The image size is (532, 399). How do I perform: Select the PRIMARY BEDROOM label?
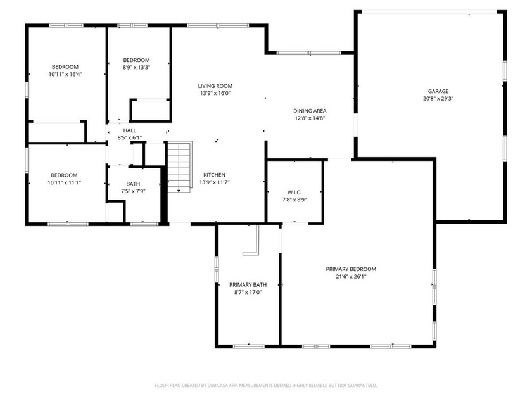pos(351,269)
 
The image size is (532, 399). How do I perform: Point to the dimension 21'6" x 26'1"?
pos(351,276)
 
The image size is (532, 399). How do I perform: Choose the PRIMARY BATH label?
pos(248,284)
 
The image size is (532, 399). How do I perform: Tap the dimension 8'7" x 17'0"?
pos(248,292)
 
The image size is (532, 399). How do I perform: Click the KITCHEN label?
pos(214,175)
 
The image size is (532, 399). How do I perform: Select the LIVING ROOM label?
pos(215,86)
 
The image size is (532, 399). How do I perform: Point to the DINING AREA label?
pos(310,110)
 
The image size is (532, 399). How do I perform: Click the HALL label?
pos(130,130)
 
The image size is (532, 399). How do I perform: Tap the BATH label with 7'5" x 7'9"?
pos(133,184)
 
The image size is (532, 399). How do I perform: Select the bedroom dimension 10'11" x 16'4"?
pos(65,75)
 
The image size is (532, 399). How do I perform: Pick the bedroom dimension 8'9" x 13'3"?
pos(136,67)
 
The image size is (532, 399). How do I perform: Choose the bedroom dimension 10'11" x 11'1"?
pos(65,182)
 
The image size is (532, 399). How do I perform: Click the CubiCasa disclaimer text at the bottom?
pos(266,385)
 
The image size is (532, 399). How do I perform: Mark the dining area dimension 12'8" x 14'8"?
pos(310,118)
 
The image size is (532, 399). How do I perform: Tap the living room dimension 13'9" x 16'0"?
pos(215,94)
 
